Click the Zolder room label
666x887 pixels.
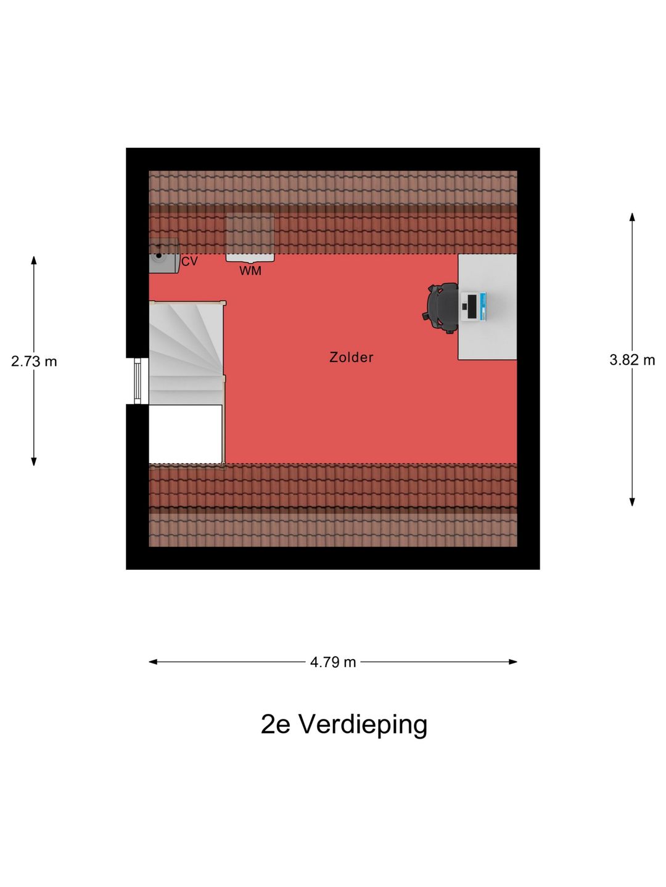(x=351, y=357)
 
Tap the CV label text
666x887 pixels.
(x=189, y=261)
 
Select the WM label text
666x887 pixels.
(x=250, y=271)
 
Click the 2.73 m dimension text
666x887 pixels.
(x=34, y=361)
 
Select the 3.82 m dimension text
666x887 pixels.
(x=632, y=360)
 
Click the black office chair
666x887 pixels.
(x=441, y=308)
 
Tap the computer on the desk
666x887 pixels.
(x=473, y=307)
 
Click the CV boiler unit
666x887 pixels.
(x=164, y=256)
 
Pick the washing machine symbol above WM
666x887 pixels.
(x=250, y=238)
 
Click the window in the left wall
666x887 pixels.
(x=138, y=381)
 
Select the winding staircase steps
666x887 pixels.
(x=186, y=353)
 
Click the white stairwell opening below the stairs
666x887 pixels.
(x=186, y=434)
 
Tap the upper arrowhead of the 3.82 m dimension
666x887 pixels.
(x=632, y=217)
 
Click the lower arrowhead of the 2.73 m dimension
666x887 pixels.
(x=34, y=461)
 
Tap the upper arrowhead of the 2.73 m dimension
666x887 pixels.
(x=34, y=260)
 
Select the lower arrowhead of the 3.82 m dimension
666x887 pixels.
(x=632, y=502)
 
